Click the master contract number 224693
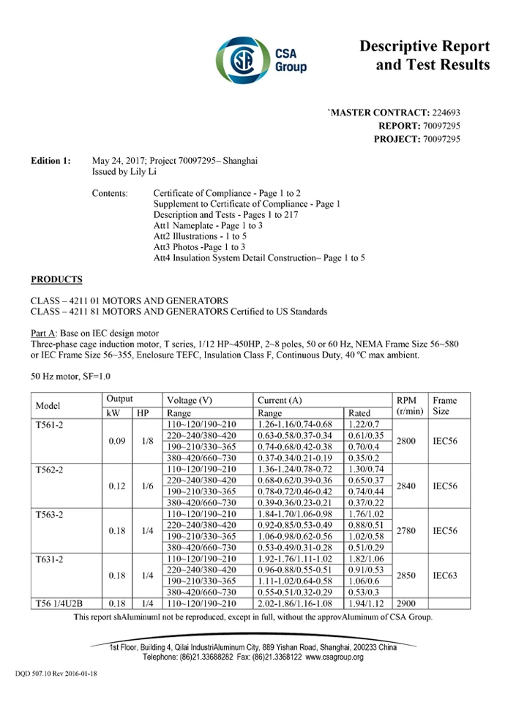coord(446,113)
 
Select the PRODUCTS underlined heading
coord(56,279)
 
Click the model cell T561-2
coord(50,425)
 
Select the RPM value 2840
coord(410,486)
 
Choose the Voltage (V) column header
coord(190,400)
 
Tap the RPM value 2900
coord(410,603)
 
